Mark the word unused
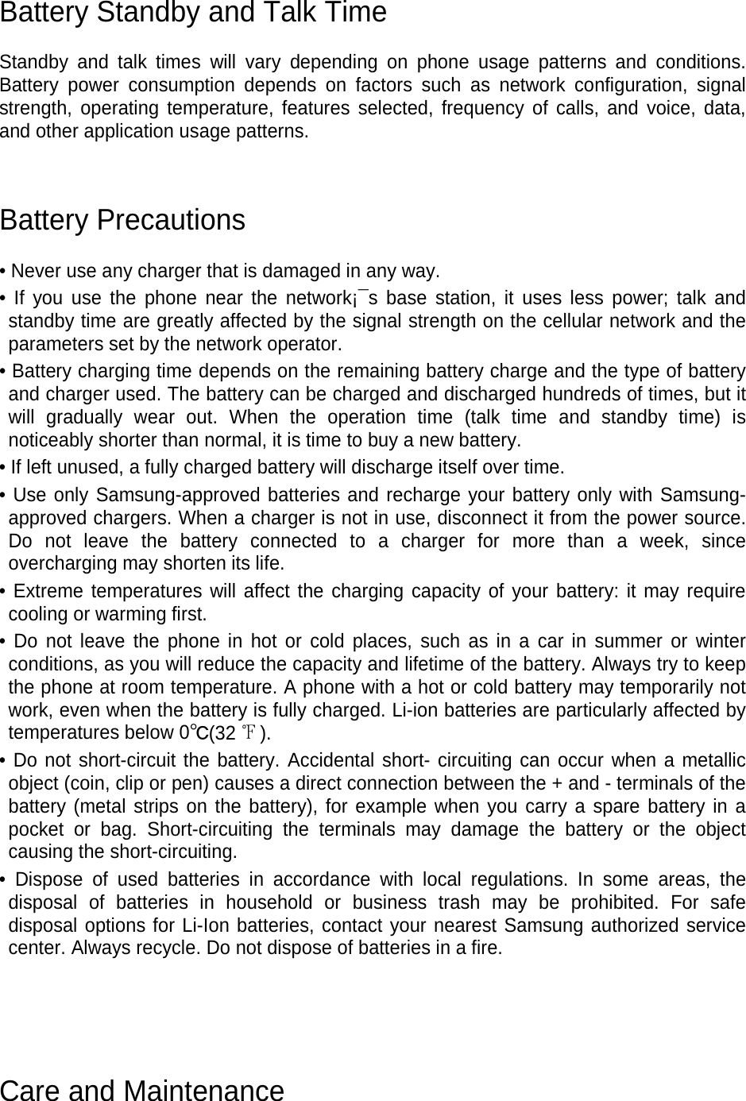pos(66,467)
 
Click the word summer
pos(631,641)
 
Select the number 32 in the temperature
pos(226,732)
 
